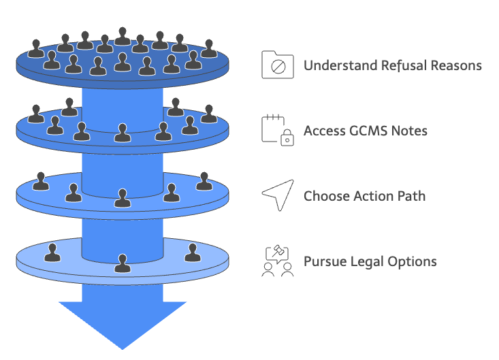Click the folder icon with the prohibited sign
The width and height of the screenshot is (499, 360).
[277, 65]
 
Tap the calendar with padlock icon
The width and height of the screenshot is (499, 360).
[277, 129]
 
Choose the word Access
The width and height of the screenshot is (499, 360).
[324, 131]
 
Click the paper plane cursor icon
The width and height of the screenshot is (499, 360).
[278, 195]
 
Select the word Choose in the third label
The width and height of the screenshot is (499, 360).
[325, 196]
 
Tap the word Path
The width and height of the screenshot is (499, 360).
[411, 196]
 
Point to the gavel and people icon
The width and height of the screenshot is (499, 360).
[278, 261]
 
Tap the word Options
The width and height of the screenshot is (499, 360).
[414, 261]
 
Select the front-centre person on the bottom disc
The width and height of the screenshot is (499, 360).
[123, 263]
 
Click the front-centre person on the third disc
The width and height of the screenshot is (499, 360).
[123, 198]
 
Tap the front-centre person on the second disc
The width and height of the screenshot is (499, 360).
[123, 133]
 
